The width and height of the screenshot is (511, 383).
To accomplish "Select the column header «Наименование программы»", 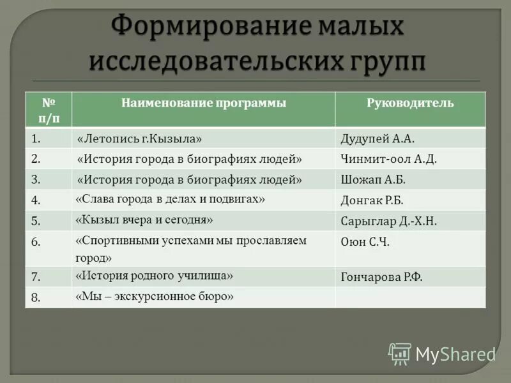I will click(x=204, y=103).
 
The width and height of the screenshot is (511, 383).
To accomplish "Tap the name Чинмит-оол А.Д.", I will click(x=388, y=158).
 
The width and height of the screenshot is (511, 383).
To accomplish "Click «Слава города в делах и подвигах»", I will click(x=170, y=199).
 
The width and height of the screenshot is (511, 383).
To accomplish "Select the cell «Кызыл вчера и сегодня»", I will click(x=144, y=220).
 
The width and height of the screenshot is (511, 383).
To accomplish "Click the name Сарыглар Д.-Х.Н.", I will click(x=388, y=221).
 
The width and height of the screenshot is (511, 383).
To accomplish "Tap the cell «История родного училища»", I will click(x=154, y=276).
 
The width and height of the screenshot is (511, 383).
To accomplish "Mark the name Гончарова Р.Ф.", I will click(x=382, y=277).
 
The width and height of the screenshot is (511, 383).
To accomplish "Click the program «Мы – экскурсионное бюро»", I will click(x=155, y=296).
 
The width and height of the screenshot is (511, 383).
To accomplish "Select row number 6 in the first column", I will click(x=36, y=242).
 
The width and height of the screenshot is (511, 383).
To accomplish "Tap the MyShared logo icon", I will click(x=400, y=353).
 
